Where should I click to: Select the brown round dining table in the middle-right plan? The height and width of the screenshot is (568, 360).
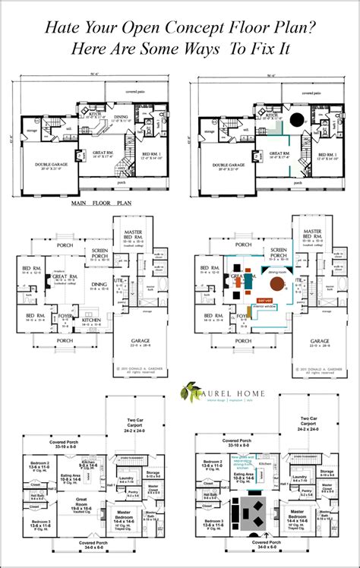pos(279,284)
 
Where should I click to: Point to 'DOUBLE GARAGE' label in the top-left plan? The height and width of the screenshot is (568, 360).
pos(48,166)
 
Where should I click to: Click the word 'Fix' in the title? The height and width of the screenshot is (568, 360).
pos(276,48)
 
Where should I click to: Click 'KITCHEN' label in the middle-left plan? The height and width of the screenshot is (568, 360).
pos(93,320)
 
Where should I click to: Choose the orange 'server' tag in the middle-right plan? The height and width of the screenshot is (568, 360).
pos(266,300)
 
